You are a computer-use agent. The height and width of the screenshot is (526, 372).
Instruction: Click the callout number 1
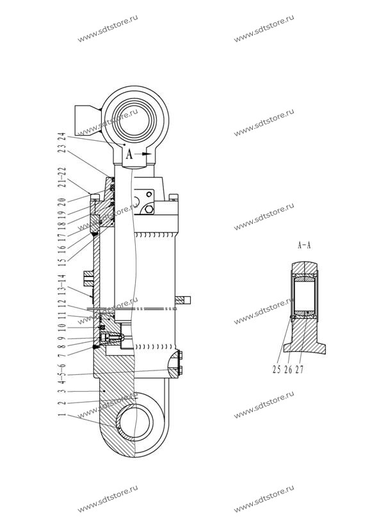(x=61, y=415)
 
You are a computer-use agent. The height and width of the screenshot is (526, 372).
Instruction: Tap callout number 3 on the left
(x=61, y=391)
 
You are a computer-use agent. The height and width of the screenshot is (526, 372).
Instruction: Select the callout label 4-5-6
(x=61, y=375)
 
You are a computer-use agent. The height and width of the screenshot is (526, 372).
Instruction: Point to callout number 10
(x=61, y=327)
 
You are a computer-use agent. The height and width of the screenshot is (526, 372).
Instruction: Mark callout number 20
(x=61, y=202)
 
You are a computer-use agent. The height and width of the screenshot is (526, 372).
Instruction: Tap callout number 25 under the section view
(x=277, y=369)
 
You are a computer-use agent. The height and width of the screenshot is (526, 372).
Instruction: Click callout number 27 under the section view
(x=300, y=369)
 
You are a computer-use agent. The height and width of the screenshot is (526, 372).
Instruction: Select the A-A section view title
(x=304, y=245)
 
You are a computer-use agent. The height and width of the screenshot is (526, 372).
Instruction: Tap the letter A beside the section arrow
(x=129, y=155)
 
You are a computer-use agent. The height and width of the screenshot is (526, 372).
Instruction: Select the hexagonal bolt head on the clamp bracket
(x=149, y=210)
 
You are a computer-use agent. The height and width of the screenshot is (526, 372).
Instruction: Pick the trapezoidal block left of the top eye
(x=88, y=120)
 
